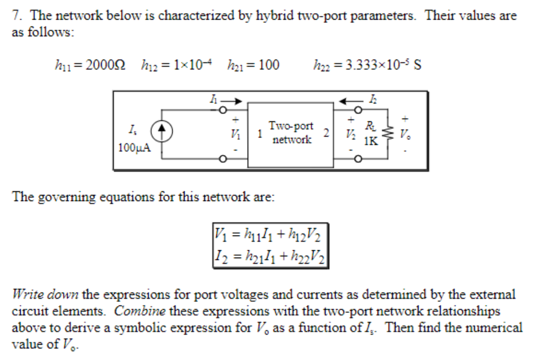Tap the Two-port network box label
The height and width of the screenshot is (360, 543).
click(x=291, y=133)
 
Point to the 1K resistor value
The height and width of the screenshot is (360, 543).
click(x=371, y=142)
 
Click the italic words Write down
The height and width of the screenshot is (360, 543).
click(x=46, y=293)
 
